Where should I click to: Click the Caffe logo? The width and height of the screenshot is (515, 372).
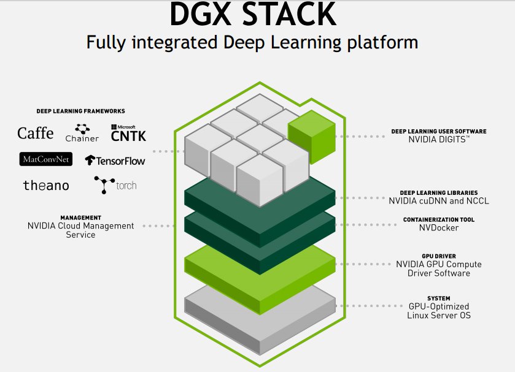[x=36, y=133]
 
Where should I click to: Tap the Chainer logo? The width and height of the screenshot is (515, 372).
[x=82, y=132]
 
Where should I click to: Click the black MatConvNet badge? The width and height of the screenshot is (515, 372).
[x=46, y=159]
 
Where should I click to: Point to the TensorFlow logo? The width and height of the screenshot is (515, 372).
[x=115, y=161]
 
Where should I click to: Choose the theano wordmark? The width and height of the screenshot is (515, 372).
[x=46, y=185]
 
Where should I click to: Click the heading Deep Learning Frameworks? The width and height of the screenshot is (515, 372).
[x=80, y=111]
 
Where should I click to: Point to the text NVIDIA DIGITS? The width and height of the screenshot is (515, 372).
[x=438, y=140]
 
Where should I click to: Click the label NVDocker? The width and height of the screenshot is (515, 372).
[x=438, y=228]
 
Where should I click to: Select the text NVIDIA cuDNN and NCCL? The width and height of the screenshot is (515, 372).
[x=439, y=200]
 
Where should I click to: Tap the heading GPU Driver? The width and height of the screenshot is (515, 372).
[x=439, y=256]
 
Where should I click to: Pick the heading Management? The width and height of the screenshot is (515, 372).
[x=80, y=218]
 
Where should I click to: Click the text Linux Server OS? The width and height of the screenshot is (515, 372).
[x=438, y=315]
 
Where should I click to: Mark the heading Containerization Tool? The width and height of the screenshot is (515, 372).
[x=438, y=219]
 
